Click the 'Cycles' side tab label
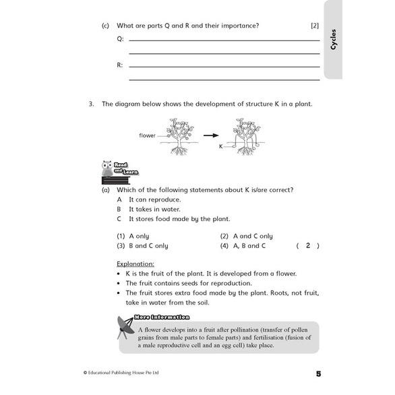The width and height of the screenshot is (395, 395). click(334, 39)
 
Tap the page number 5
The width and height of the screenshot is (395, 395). click(318, 373)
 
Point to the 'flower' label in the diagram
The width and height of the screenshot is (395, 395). click(147, 135)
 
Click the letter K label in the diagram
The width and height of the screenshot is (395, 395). click(220, 146)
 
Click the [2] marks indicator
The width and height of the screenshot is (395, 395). click(314, 26)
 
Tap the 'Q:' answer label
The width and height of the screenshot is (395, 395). click(120, 39)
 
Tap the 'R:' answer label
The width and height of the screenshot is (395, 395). click(120, 65)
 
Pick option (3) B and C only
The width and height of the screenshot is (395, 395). click(142, 246)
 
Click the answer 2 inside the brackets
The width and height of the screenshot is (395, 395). click(307, 246)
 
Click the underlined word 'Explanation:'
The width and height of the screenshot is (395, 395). click(135, 264)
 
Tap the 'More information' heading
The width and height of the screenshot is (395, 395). click(162, 317)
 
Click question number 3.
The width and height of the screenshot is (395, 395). click(90, 104)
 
